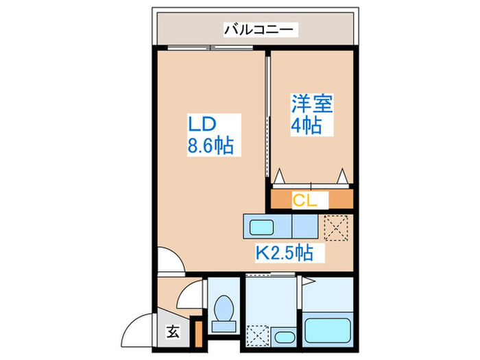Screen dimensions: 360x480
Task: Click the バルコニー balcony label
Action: click(259, 29)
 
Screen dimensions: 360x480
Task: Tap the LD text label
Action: click(203, 124)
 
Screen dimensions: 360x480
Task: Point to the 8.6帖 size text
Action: click(209, 145)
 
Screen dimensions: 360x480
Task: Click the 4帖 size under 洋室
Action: click(307, 127)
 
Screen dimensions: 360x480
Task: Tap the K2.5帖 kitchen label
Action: click(285, 252)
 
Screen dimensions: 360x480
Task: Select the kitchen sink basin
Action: click(261, 226)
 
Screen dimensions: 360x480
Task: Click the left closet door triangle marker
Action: click(280, 178)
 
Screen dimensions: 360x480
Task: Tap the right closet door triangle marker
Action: click(343, 178)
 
